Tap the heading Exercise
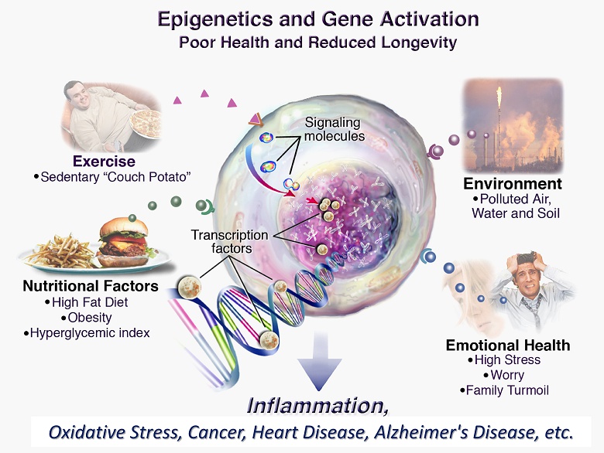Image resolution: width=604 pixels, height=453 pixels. pos(104,162)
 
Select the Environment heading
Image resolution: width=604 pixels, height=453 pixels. pos(513,184)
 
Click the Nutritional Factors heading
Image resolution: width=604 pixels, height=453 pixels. pos(91,286)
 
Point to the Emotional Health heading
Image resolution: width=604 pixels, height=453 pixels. pos(508,345)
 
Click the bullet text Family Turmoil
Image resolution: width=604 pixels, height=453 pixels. pos(507,390)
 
